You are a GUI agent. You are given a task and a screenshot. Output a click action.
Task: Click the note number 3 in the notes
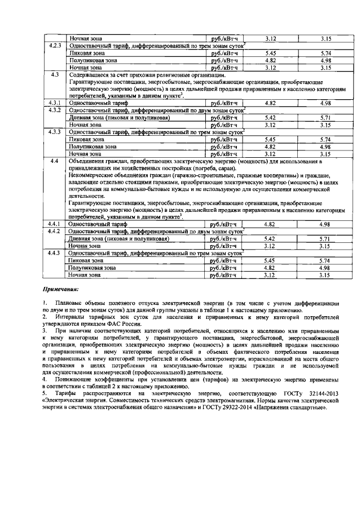(x=45, y=332)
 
